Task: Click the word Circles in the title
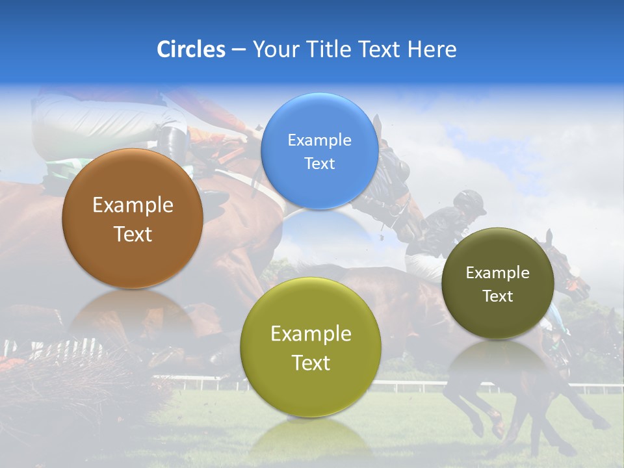[x=190, y=49]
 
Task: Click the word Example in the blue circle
[x=319, y=140]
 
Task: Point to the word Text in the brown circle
[x=133, y=234]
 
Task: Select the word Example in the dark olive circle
[x=498, y=273]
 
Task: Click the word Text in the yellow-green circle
[x=311, y=363]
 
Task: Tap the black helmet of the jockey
[x=469, y=201]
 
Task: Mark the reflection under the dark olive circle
[x=498, y=364]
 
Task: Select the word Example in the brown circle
[x=133, y=205]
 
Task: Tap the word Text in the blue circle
[x=319, y=164]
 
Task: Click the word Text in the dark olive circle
[x=498, y=296]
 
